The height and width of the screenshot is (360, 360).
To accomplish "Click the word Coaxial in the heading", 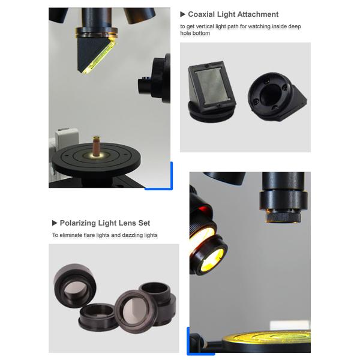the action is (x=202, y=14).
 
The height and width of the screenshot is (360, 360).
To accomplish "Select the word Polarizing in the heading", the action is (x=78, y=223).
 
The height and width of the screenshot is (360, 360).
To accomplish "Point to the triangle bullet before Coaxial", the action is (x=183, y=14).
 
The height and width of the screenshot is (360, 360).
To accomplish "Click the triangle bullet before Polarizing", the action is (x=55, y=223).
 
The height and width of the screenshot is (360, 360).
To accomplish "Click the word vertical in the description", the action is (x=205, y=26).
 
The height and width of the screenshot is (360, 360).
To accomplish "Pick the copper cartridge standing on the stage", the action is (x=97, y=146).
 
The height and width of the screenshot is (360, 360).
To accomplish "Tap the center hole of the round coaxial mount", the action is (x=271, y=95).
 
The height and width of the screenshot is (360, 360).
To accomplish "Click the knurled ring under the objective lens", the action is (x=283, y=217).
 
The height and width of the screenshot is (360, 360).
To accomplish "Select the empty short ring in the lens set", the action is (x=97, y=317).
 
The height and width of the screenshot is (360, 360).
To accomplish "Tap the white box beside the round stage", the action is (x=67, y=138).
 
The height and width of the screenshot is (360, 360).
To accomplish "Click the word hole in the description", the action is (x=185, y=33).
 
